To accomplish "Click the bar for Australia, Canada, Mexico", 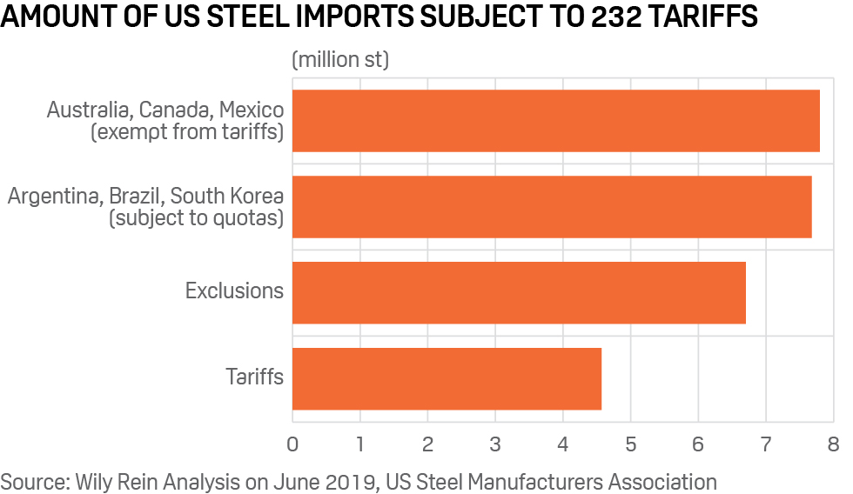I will click(x=555, y=121).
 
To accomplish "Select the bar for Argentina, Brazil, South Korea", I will click(x=552, y=206).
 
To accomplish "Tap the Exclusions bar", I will click(x=519, y=292).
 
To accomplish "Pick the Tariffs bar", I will click(x=447, y=378).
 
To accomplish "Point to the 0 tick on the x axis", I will click(x=292, y=444).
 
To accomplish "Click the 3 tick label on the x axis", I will click(x=495, y=444).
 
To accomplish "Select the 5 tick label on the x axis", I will click(x=630, y=444).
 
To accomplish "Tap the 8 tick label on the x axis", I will click(x=833, y=444).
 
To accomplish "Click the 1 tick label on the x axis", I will click(x=359, y=444).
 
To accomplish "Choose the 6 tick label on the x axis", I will click(x=698, y=444).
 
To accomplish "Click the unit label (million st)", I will click(x=340, y=61).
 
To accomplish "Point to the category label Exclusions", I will click(x=234, y=291).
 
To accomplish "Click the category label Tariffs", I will click(x=255, y=377).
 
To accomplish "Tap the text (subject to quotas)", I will click(x=197, y=219).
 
